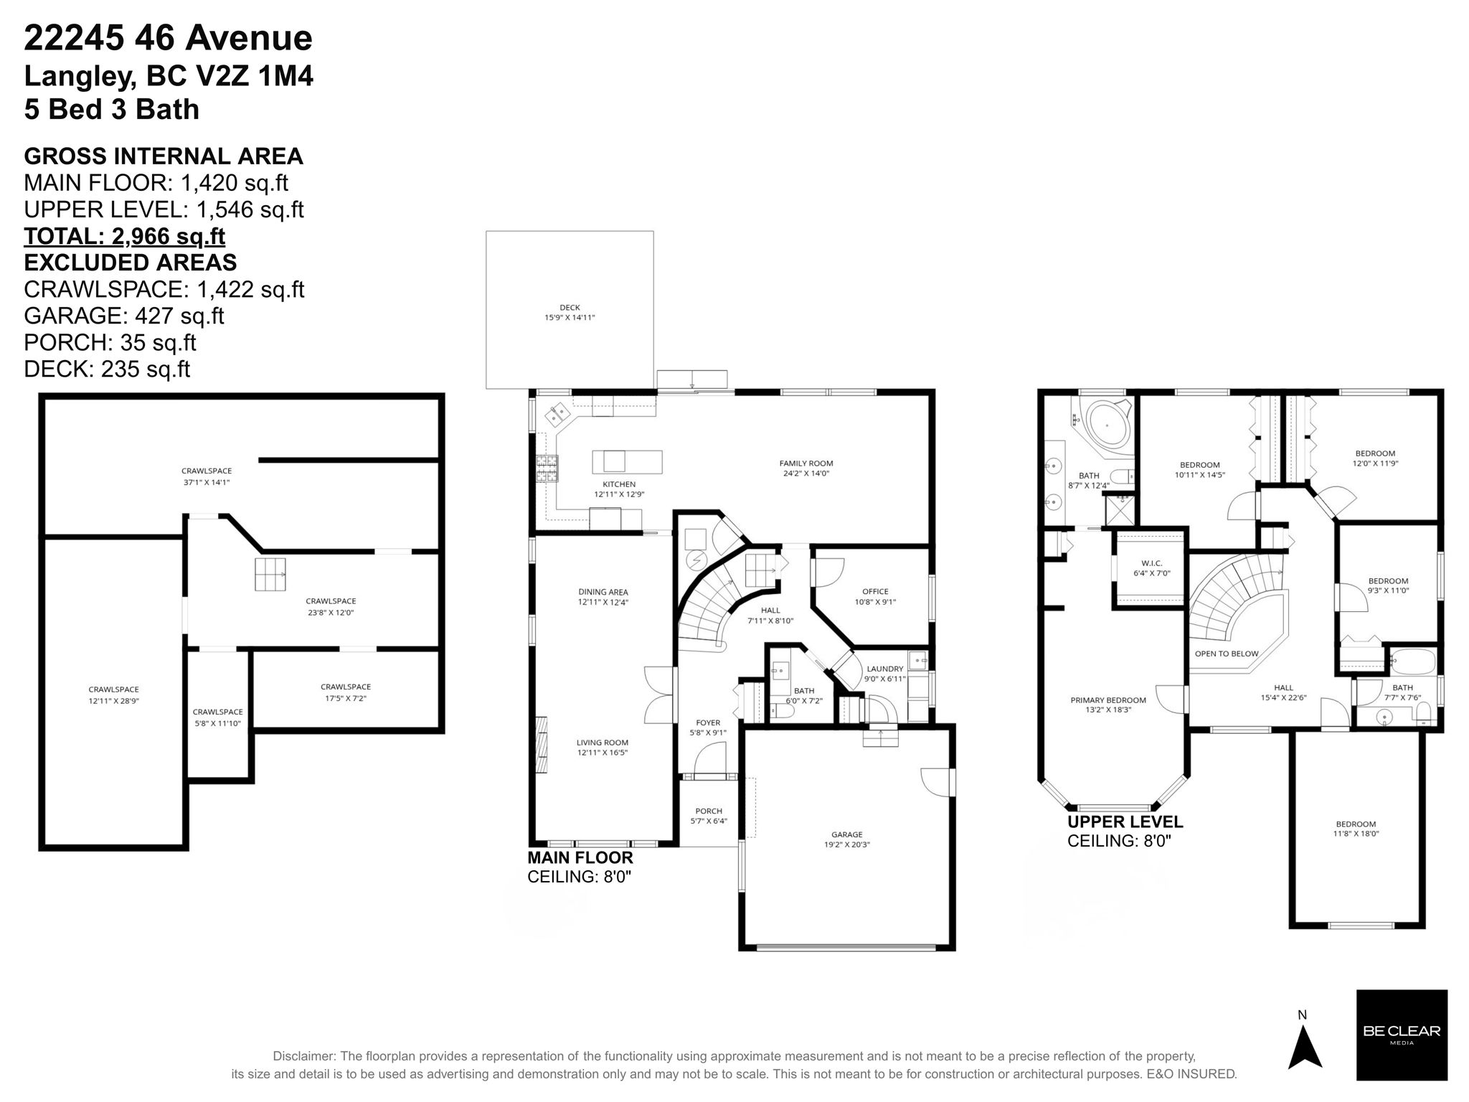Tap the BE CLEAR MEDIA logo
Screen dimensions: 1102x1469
pyautogui.click(x=1401, y=1035)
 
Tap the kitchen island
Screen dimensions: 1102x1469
pyautogui.click(x=626, y=461)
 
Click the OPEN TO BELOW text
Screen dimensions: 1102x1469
pyautogui.click(x=1227, y=654)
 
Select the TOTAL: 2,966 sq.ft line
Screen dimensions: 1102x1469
pyautogui.click(x=125, y=236)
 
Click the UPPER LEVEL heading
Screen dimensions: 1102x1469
pyautogui.click(x=1125, y=822)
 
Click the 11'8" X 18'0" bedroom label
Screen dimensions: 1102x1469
pyautogui.click(x=1356, y=829)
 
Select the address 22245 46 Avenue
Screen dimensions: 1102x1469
pyautogui.click(x=168, y=38)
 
